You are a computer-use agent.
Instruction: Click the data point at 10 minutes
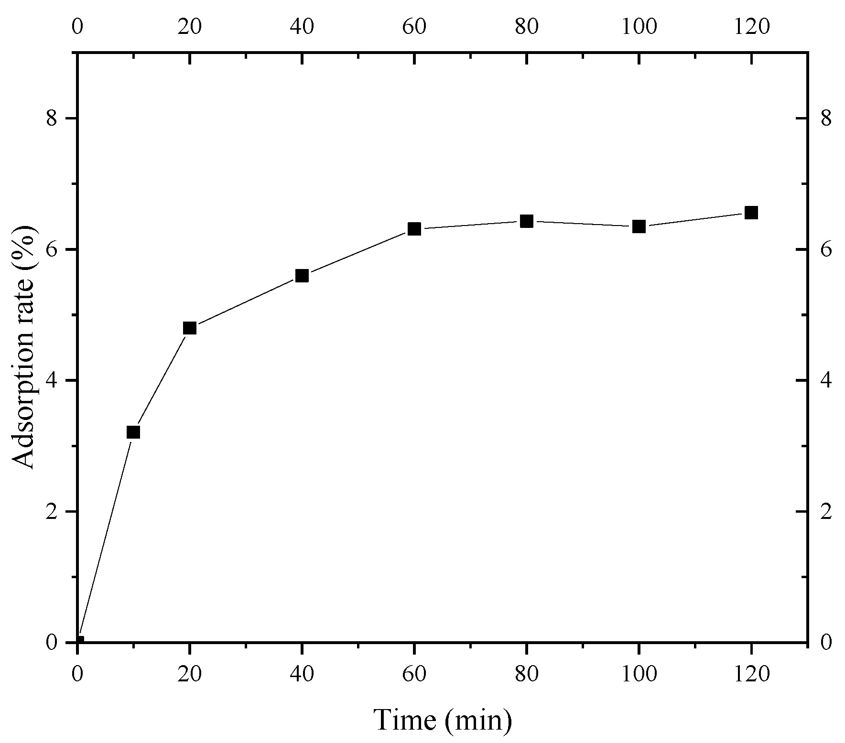tap(133, 432)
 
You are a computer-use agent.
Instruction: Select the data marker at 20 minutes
tap(190, 328)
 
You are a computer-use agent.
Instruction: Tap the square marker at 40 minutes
tap(302, 276)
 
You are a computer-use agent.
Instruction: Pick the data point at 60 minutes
tap(414, 229)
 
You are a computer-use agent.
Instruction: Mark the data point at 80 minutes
tap(527, 221)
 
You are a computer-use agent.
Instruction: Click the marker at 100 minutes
tap(639, 226)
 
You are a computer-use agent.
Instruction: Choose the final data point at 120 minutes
tap(751, 213)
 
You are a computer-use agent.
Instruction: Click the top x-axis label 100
tap(639, 27)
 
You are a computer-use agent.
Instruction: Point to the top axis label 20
tap(190, 27)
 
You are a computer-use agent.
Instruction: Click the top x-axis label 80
tap(527, 27)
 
